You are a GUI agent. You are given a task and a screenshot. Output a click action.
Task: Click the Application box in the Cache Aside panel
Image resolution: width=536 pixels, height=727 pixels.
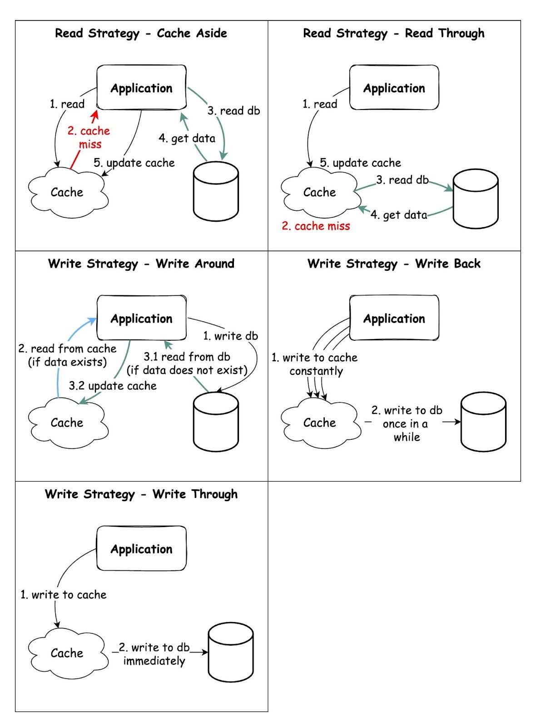(x=141, y=88)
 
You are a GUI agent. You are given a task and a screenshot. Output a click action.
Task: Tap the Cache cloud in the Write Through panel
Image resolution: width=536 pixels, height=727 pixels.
(x=67, y=653)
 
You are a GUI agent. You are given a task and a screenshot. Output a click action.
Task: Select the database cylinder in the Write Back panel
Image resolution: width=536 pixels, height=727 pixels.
(x=483, y=422)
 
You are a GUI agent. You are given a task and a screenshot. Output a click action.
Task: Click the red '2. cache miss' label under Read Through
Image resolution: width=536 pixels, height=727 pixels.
(x=316, y=226)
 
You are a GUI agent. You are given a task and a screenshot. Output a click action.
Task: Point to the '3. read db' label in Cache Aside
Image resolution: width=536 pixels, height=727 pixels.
(x=233, y=111)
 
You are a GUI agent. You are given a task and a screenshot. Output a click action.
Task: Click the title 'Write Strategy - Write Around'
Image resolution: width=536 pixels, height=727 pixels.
(x=141, y=264)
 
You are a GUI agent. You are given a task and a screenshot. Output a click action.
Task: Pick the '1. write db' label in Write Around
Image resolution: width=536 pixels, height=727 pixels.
(x=230, y=336)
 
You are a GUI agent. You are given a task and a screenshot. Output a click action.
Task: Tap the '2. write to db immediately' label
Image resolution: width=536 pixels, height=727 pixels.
(x=154, y=654)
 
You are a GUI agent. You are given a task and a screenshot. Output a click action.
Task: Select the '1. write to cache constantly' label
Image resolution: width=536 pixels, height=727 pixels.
(x=315, y=364)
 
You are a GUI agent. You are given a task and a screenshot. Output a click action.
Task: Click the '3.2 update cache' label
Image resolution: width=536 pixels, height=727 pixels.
(x=113, y=386)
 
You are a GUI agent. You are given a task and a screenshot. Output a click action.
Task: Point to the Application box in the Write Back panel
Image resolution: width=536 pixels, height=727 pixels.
(x=394, y=318)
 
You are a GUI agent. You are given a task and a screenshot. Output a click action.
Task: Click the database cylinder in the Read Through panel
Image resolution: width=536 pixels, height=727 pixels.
(x=476, y=199)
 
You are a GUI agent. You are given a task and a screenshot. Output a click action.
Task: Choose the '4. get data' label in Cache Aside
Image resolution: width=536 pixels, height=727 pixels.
(x=187, y=138)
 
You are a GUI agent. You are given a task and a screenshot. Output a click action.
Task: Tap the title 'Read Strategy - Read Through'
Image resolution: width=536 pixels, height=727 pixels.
(x=394, y=33)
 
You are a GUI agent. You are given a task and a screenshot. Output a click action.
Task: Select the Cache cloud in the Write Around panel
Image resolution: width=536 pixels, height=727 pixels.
(x=67, y=422)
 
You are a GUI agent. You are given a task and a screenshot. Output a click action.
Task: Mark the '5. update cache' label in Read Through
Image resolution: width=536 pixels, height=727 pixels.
(x=360, y=163)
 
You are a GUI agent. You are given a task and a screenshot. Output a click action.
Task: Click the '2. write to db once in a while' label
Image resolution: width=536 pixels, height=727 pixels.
(x=407, y=423)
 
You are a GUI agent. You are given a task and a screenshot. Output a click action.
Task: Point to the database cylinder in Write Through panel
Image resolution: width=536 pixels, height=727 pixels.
(x=230, y=652)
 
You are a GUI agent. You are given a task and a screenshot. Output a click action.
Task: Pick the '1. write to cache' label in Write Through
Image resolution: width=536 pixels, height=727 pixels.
(x=63, y=594)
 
